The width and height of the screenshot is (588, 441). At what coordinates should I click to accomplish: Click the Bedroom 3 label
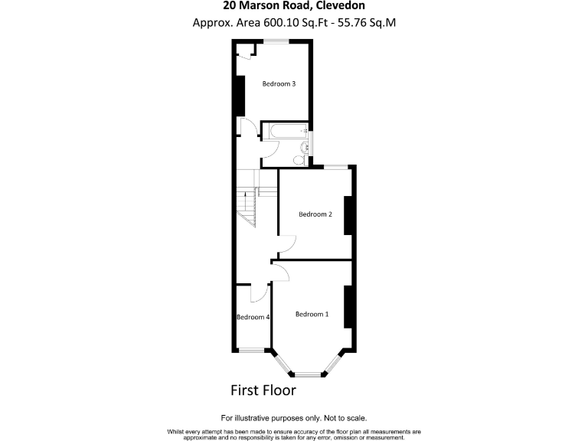pyautogui.click(x=279, y=84)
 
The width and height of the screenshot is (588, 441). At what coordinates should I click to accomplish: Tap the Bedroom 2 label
pyautogui.click(x=315, y=214)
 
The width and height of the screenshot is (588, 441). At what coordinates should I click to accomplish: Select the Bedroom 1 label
pyautogui.click(x=312, y=314)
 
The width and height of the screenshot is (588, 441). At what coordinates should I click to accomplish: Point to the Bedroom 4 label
pyautogui.click(x=253, y=317)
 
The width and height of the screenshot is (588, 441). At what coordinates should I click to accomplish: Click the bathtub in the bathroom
pyautogui.click(x=283, y=131)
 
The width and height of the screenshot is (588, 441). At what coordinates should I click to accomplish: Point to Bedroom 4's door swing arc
pyautogui.click(x=260, y=292)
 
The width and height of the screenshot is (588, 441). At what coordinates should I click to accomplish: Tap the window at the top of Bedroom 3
pyautogui.click(x=277, y=42)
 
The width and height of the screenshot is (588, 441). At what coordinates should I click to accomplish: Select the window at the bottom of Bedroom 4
pyautogui.click(x=252, y=350)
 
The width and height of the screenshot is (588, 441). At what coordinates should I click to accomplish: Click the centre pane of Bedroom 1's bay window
pyautogui.click(x=309, y=374)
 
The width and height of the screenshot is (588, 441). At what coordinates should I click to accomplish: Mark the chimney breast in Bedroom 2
pyautogui.click(x=348, y=216)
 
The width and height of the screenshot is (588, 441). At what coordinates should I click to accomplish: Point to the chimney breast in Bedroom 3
pyautogui.click(x=240, y=96)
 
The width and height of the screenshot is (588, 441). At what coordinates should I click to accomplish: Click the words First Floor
pyautogui.click(x=263, y=390)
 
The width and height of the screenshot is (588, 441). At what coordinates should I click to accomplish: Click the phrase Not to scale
pyautogui.click(x=344, y=418)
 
